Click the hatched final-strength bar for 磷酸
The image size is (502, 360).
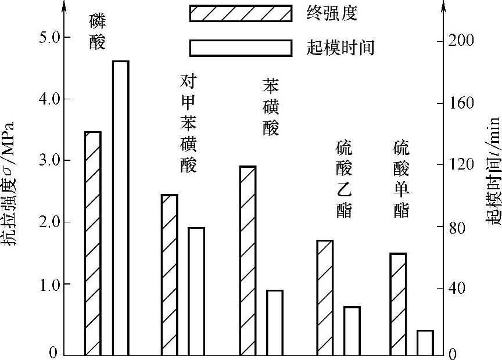93,243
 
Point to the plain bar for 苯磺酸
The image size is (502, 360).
274,322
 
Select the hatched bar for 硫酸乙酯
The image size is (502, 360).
325,297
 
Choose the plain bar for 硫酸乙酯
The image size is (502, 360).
352,330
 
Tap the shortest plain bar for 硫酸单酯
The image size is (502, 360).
425,342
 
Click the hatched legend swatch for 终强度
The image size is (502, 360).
240,13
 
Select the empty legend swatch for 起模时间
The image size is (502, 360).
240,48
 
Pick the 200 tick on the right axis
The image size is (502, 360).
462,40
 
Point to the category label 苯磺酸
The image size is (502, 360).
271,107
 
